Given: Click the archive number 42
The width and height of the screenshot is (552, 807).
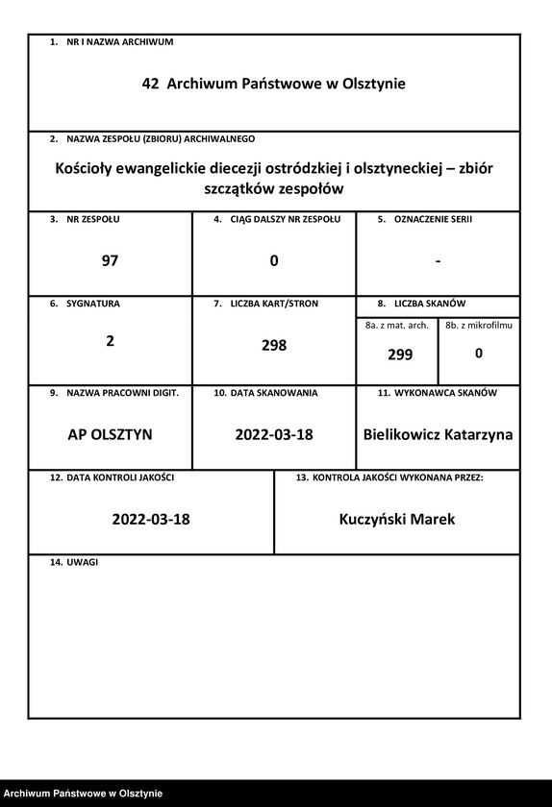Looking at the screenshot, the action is coord(150,85).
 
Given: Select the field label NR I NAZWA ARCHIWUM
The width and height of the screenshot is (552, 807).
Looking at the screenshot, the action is coord(119,42).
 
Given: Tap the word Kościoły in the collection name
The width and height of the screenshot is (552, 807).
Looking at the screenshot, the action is coord(88,168).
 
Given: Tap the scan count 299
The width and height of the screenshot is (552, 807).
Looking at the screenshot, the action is coord(399,355).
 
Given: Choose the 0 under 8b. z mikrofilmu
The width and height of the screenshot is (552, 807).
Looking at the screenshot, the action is coord(479,354).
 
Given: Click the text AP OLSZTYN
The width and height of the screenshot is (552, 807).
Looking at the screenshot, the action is coord(110,434).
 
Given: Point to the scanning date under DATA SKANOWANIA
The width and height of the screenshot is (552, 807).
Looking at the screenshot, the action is coord(274,434).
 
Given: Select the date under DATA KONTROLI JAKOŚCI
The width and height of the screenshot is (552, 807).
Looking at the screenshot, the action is coord(151,520).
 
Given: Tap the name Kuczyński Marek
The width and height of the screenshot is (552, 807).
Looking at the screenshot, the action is coord(397,520).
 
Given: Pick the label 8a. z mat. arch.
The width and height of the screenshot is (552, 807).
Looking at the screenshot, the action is coord(397,326).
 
